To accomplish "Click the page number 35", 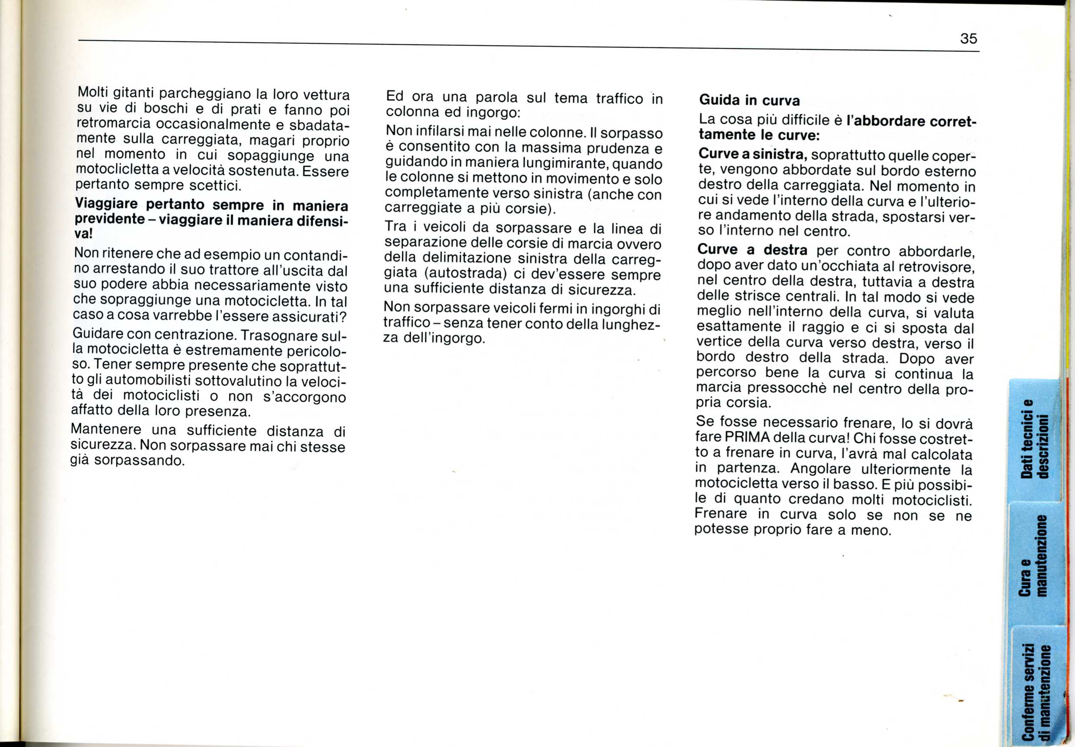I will [968, 38].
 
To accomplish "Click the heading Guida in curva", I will [749, 100].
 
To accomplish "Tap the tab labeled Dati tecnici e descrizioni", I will [1034, 440].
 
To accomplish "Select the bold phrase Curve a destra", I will [752, 249].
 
